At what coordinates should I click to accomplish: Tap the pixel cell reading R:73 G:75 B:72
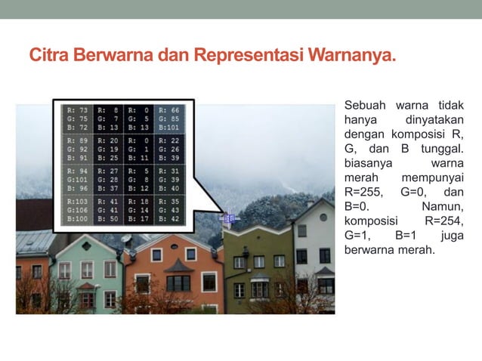click(77, 119)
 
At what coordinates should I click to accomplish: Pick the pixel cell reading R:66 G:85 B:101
click(169, 119)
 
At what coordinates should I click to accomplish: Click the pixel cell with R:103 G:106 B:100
click(77, 210)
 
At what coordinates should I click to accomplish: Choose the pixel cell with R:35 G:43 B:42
click(169, 210)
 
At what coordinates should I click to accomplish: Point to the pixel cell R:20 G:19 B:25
click(108, 149)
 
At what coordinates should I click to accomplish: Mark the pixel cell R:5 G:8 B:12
click(139, 180)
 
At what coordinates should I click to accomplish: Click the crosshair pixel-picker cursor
click(229, 218)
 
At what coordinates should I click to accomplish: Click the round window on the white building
click(323, 218)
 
